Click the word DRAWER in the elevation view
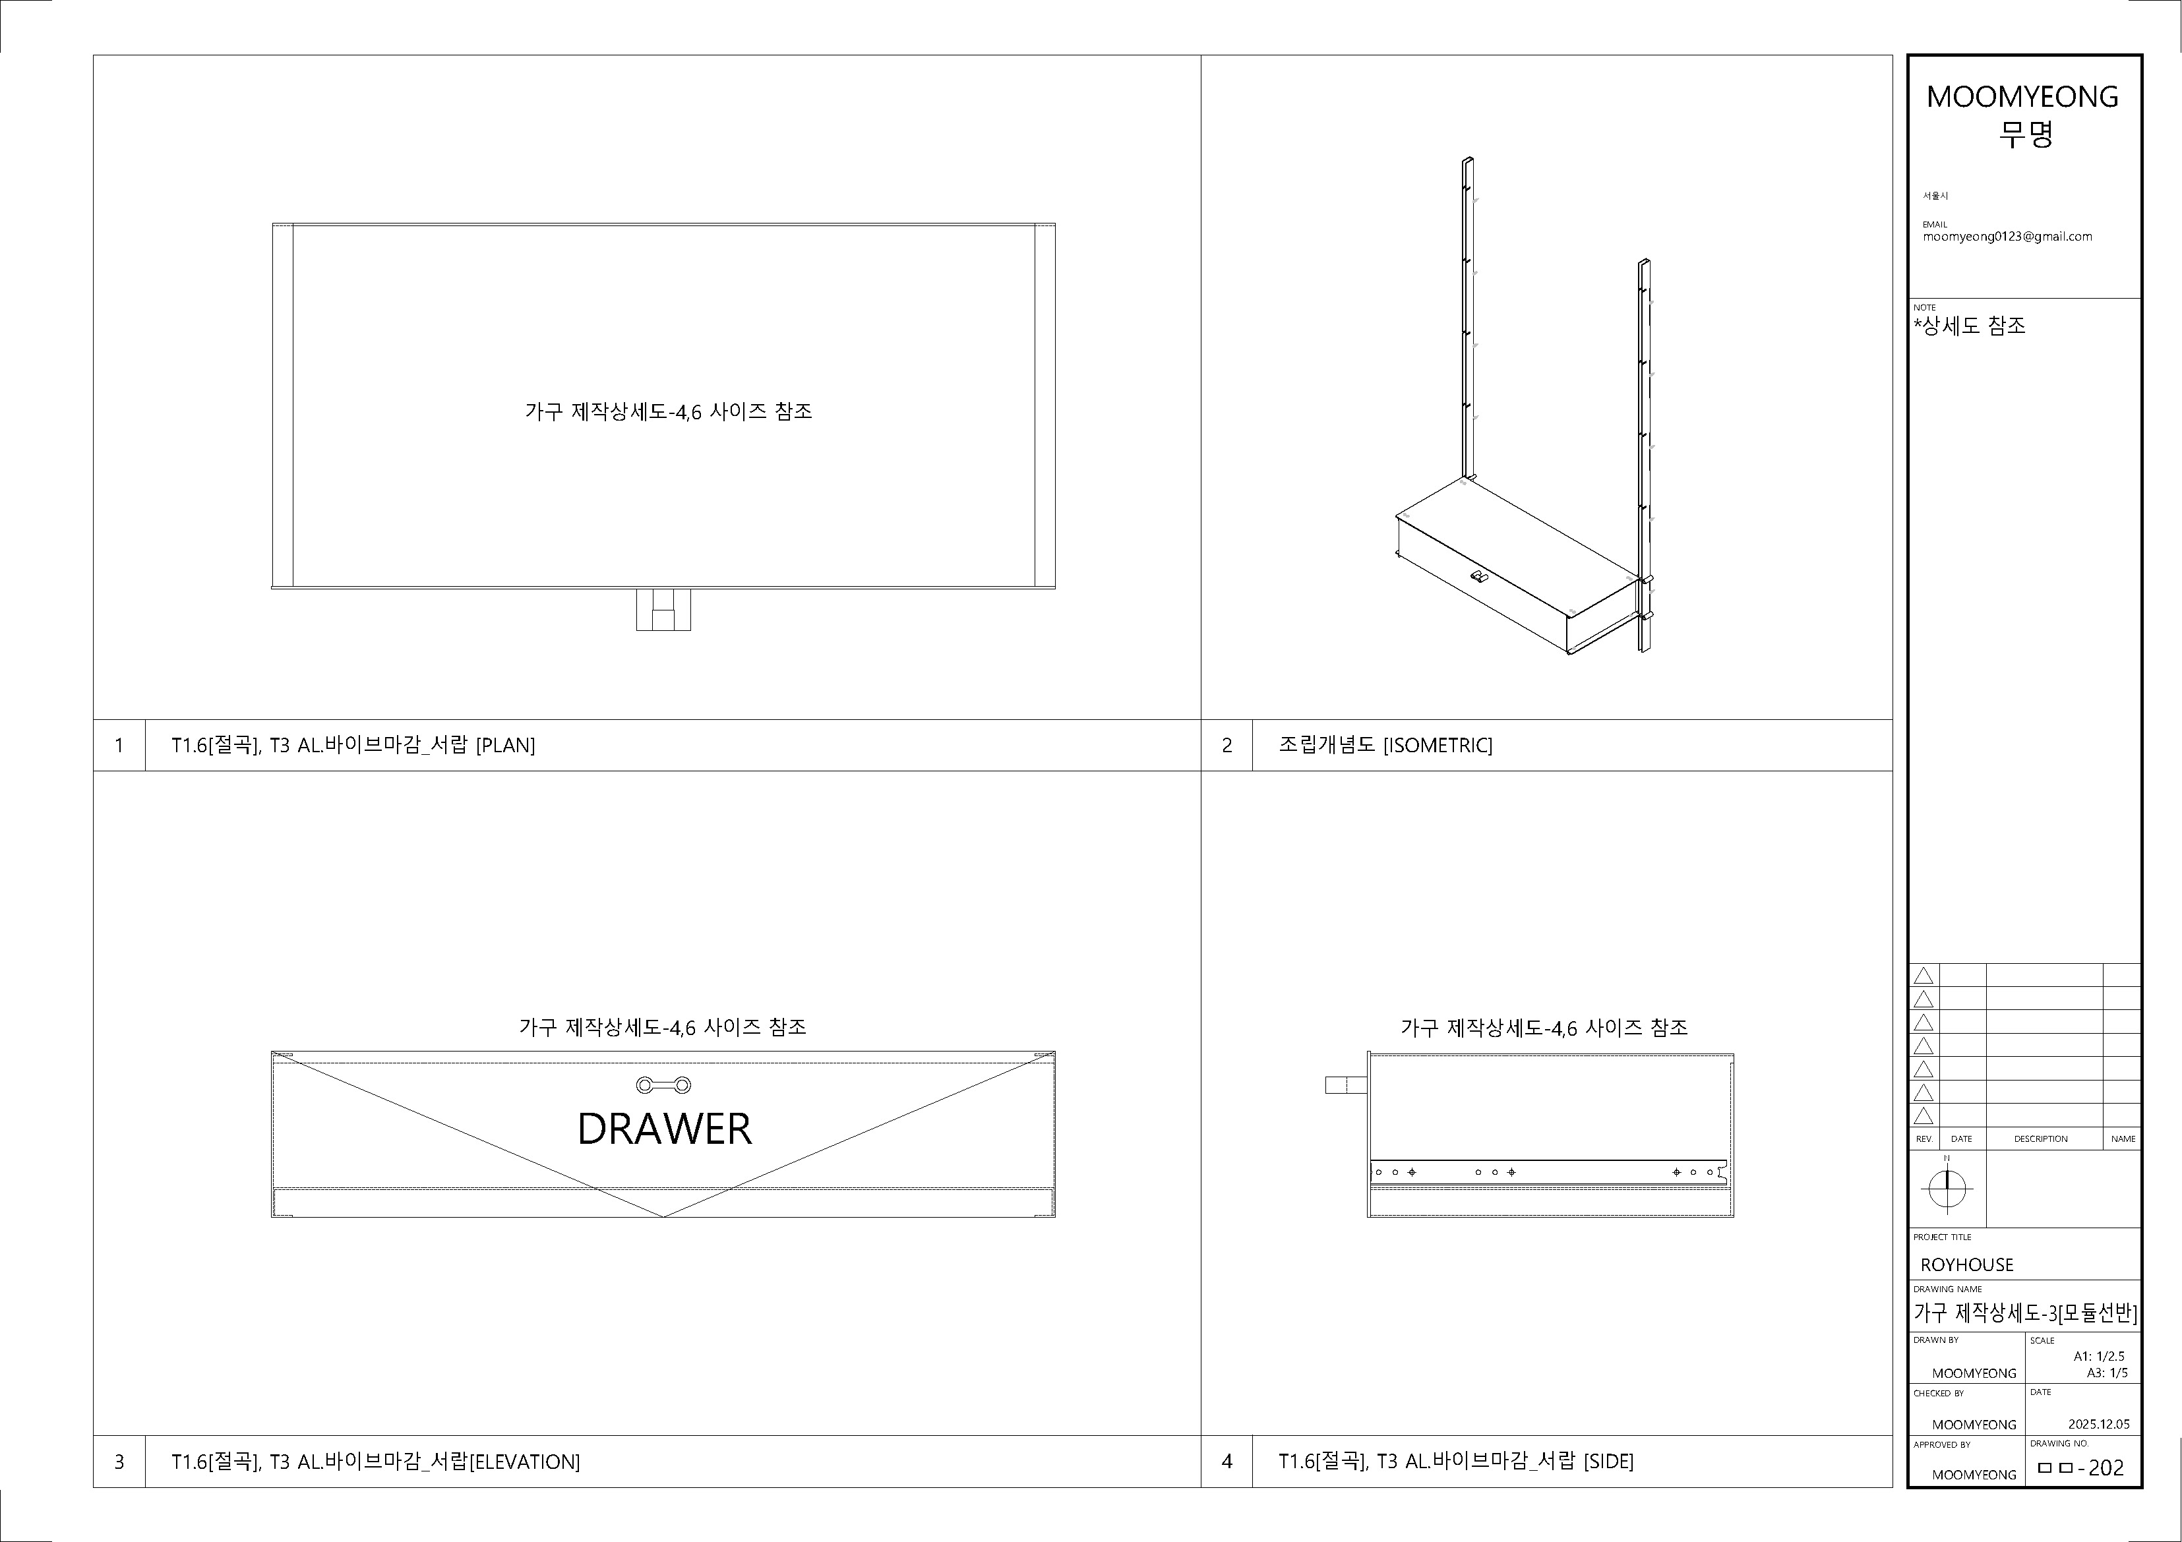664,1129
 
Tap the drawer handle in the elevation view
663,1085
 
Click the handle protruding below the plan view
663,609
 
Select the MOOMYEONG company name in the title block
2022,96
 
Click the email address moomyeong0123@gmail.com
2007,237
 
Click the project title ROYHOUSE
1967,1264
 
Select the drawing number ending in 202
2080,1468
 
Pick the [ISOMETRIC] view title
1438,745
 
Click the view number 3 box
119,1462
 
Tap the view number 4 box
1227,1462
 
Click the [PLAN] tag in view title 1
506,745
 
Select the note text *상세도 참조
1969,326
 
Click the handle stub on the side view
1346,1084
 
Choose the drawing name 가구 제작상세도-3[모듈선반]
2025,1314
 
